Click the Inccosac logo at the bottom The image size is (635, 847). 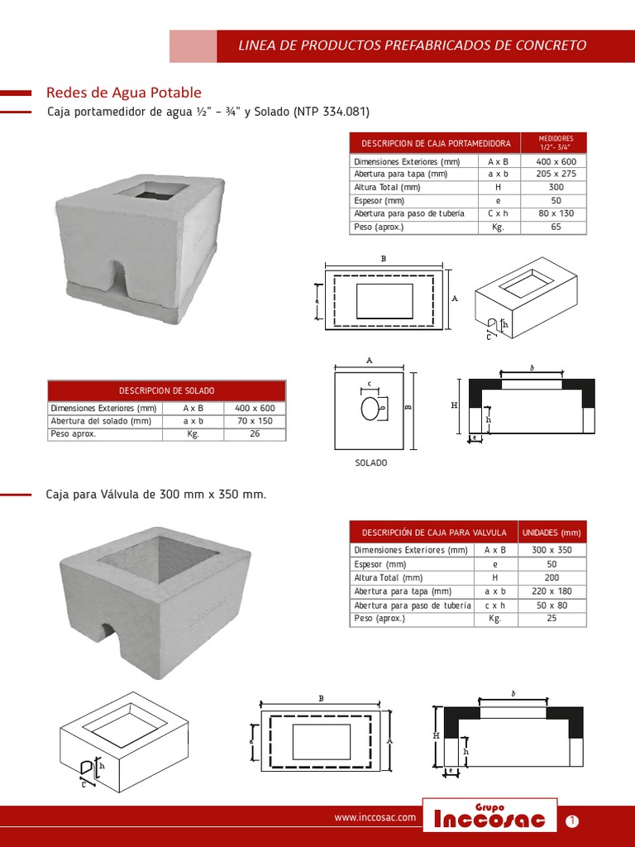pyautogui.click(x=489, y=819)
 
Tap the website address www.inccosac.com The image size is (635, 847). pyautogui.click(x=375, y=818)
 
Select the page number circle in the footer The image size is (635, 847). pyautogui.click(x=572, y=821)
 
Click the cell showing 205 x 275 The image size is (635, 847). pyautogui.click(x=555, y=175)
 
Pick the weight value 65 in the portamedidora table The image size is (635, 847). pyautogui.click(x=555, y=227)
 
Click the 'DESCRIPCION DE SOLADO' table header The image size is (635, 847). pyautogui.click(x=166, y=390)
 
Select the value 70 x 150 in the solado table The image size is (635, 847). pyautogui.click(x=254, y=421)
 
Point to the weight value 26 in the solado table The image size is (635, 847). pyautogui.click(x=254, y=433)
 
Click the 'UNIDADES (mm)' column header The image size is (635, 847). pyautogui.click(x=551, y=533)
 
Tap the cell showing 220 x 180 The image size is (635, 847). pyautogui.click(x=551, y=591)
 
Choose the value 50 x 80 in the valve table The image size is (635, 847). pyautogui.click(x=551, y=605)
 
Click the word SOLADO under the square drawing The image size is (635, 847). pyautogui.click(x=371, y=463)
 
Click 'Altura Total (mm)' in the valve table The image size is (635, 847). pyautogui.click(x=388, y=578)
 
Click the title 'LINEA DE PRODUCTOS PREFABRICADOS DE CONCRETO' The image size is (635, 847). pyautogui.click(x=413, y=45)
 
